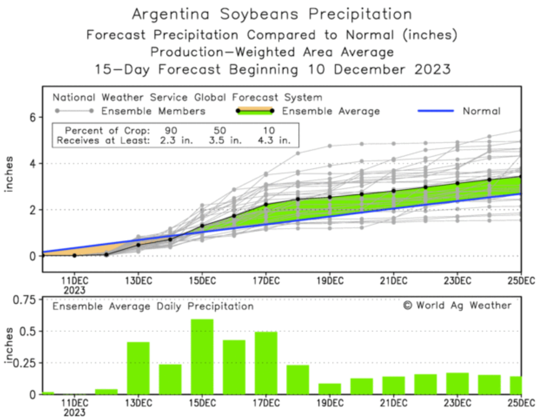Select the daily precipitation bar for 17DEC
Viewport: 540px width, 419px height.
coord(266,363)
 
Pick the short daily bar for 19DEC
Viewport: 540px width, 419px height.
coord(330,389)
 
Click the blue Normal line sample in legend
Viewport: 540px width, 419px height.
coord(435,111)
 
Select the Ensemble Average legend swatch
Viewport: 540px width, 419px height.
coord(255,111)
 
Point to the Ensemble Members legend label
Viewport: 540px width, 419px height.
coord(153,111)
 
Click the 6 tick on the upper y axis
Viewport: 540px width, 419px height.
coord(33,117)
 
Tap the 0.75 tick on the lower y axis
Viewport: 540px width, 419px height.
coord(24,300)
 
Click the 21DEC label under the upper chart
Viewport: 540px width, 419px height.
coord(393,281)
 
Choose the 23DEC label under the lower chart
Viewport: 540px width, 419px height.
coord(457,403)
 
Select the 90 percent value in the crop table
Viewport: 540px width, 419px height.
coord(171,130)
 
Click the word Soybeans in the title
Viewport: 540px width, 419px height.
coord(259,14)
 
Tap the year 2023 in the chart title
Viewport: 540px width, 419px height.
coord(432,69)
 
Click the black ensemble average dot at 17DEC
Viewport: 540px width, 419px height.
coord(266,204)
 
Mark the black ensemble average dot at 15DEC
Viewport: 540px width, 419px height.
coord(202,226)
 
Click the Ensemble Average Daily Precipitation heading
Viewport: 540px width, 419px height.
coord(153,306)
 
